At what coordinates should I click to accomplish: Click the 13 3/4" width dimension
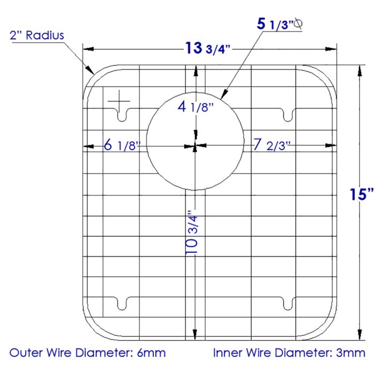tap(208, 49)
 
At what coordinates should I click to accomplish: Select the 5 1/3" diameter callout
tap(275, 24)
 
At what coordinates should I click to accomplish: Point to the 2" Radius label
tap(36, 35)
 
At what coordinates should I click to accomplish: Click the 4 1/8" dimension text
tap(196, 107)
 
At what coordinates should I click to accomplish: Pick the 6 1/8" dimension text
tap(122, 145)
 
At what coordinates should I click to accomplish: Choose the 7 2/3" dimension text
tap(272, 145)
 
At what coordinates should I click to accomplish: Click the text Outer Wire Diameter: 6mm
tap(88, 353)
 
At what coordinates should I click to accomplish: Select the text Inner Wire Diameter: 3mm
tap(289, 353)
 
